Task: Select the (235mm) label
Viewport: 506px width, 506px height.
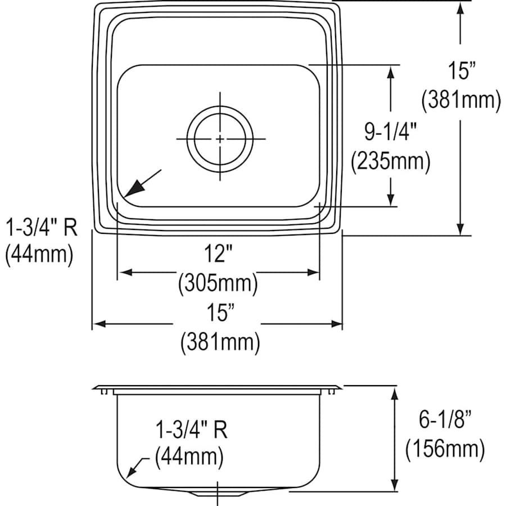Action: (390, 162)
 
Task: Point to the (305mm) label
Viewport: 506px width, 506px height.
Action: (218, 282)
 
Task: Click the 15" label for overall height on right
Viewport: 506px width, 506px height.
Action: (462, 71)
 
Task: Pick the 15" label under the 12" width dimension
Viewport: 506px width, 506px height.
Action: (218, 313)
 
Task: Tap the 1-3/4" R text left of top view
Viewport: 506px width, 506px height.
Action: (41, 227)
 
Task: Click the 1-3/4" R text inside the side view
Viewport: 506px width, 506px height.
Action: (191, 430)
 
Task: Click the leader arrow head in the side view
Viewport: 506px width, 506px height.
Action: (133, 472)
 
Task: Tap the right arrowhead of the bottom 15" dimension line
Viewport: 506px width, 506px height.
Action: (337, 324)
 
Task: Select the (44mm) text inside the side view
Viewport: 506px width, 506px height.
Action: (189, 457)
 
